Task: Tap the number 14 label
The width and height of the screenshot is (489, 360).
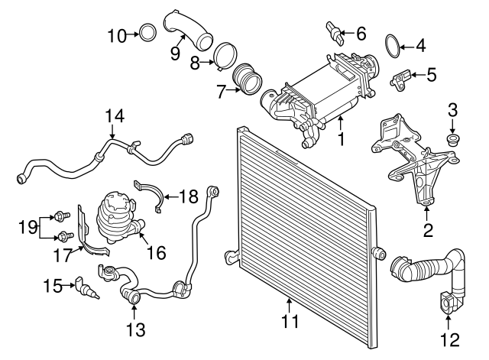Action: pyautogui.click(x=114, y=116)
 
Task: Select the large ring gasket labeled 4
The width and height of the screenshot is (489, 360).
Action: pyautogui.click(x=393, y=45)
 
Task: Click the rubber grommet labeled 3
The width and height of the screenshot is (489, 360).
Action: pyautogui.click(x=451, y=141)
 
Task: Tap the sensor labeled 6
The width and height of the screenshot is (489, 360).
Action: pyautogui.click(x=334, y=31)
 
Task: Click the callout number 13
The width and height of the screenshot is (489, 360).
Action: pyautogui.click(x=134, y=330)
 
